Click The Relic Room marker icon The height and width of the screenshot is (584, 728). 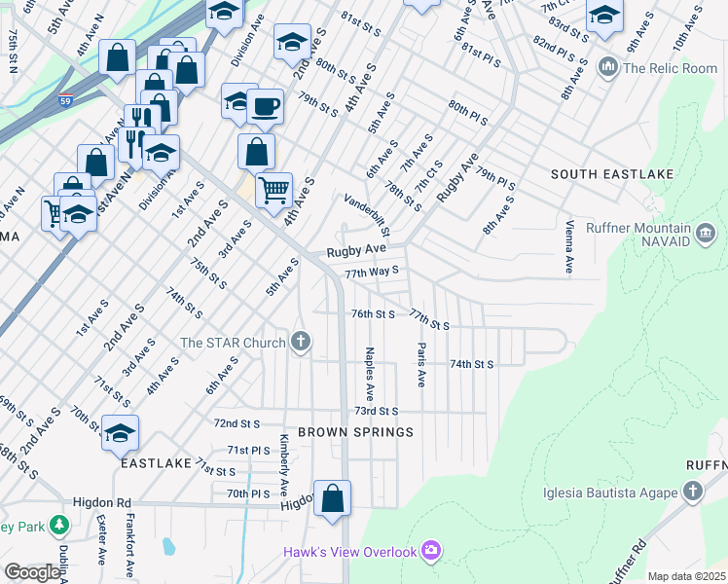[609, 67]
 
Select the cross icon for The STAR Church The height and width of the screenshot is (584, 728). [302, 342]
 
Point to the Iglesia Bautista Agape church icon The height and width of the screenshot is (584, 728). [693, 492]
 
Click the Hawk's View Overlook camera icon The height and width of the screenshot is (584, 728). [431, 552]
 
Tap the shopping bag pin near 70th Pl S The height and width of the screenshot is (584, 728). [332, 498]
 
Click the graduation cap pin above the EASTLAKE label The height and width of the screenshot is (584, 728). [120, 433]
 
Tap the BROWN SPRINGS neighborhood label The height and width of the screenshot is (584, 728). [355, 431]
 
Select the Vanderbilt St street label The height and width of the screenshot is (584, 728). [367, 215]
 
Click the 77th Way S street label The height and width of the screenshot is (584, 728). [373, 272]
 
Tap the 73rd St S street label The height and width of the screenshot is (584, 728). [377, 412]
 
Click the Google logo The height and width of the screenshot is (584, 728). [33, 572]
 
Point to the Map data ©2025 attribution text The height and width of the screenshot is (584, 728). [685, 576]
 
